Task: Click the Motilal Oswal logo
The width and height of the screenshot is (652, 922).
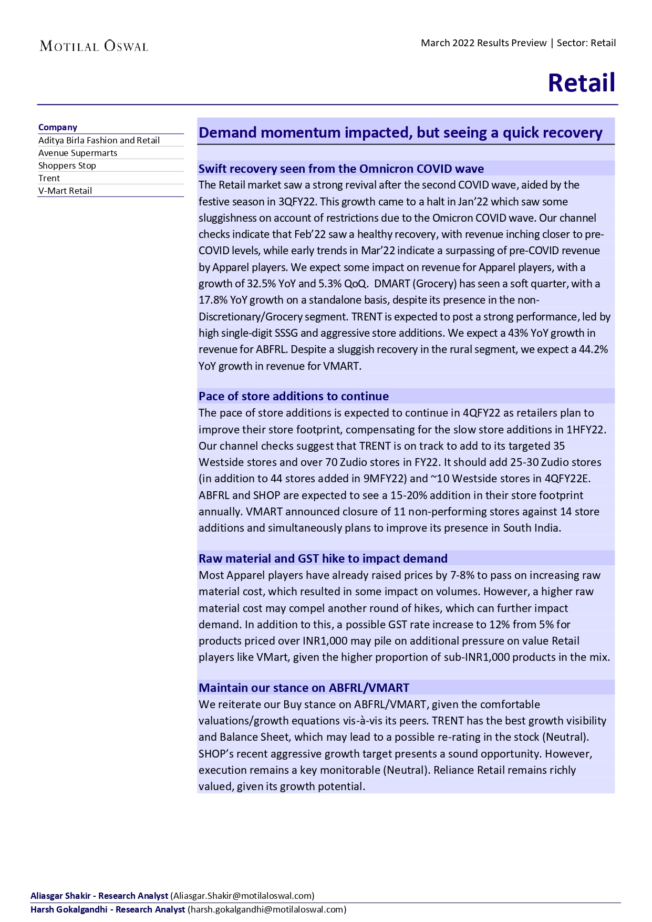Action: [x=94, y=46]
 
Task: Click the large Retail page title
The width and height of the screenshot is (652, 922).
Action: [x=581, y=83]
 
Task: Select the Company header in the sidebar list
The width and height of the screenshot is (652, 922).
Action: [x=58, y=127]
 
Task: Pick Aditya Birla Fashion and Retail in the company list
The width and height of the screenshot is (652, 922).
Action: [x=99, y=140]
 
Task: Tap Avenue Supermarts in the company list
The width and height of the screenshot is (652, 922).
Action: [x=78, y=153]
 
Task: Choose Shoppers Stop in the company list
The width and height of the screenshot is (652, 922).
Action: [x=67, y=165]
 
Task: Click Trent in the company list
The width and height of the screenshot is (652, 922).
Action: [x=49, y=178]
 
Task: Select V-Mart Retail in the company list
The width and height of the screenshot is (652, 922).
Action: [x=65, y=191]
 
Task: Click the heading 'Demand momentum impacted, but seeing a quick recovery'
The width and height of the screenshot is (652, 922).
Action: [x=400, y=132]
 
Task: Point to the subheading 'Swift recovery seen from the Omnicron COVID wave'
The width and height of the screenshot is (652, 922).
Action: [x=341, y=169]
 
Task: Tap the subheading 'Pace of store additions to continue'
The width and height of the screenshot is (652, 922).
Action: [x=294, y=396]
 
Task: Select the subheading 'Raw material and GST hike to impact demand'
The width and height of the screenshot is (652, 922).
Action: [x=323, y=558]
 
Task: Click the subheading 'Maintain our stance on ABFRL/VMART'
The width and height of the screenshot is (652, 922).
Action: [x=304, y=688]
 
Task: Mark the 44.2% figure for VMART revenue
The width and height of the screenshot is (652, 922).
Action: [x=593, y=349]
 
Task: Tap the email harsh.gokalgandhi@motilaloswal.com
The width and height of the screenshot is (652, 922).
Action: [x=267, y=909]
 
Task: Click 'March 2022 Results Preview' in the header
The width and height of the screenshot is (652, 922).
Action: [x=483, y=43]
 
